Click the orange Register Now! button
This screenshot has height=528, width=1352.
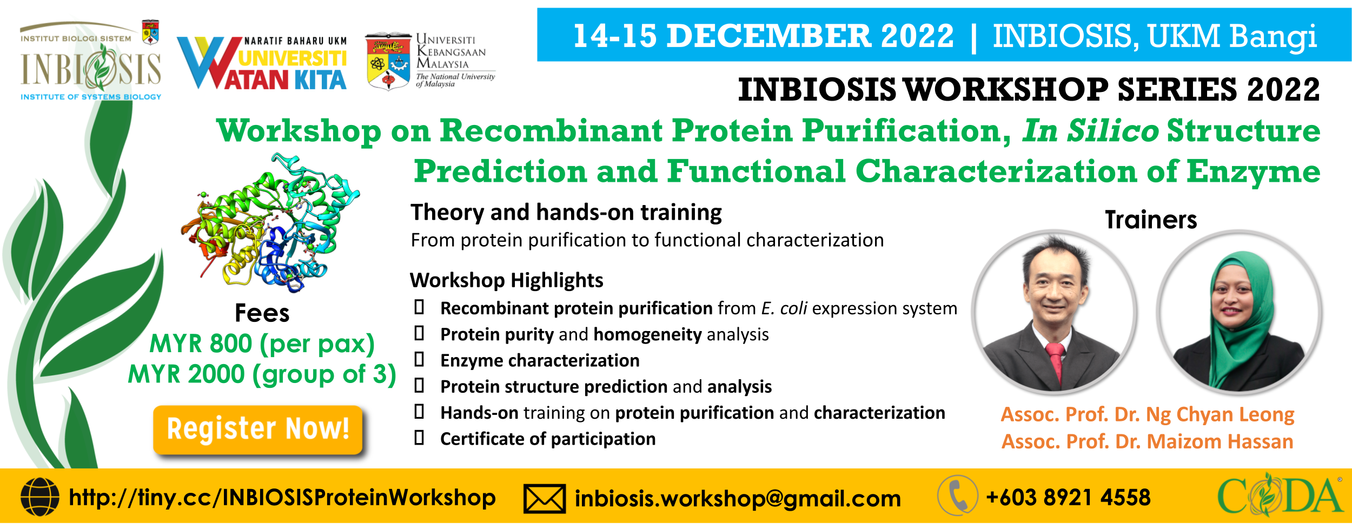258,430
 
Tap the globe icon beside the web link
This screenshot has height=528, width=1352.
40,497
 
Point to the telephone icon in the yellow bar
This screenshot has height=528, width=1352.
958,496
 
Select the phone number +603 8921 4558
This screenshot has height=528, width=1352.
1068,497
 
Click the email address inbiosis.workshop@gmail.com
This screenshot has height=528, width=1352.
738,498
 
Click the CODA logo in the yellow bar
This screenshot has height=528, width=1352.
1280,494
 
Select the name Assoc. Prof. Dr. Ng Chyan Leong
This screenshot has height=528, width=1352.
1148,414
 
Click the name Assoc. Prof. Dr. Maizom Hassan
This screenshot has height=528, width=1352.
1148,441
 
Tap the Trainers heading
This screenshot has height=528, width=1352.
1151,220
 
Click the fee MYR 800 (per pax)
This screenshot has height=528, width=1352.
262,344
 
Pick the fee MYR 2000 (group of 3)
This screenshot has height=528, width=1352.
262,374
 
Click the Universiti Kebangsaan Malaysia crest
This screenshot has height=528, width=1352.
388,61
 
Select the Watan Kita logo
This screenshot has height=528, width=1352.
262,63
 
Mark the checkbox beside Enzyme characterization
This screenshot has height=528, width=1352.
419,359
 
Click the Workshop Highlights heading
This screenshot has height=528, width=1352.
506,280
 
